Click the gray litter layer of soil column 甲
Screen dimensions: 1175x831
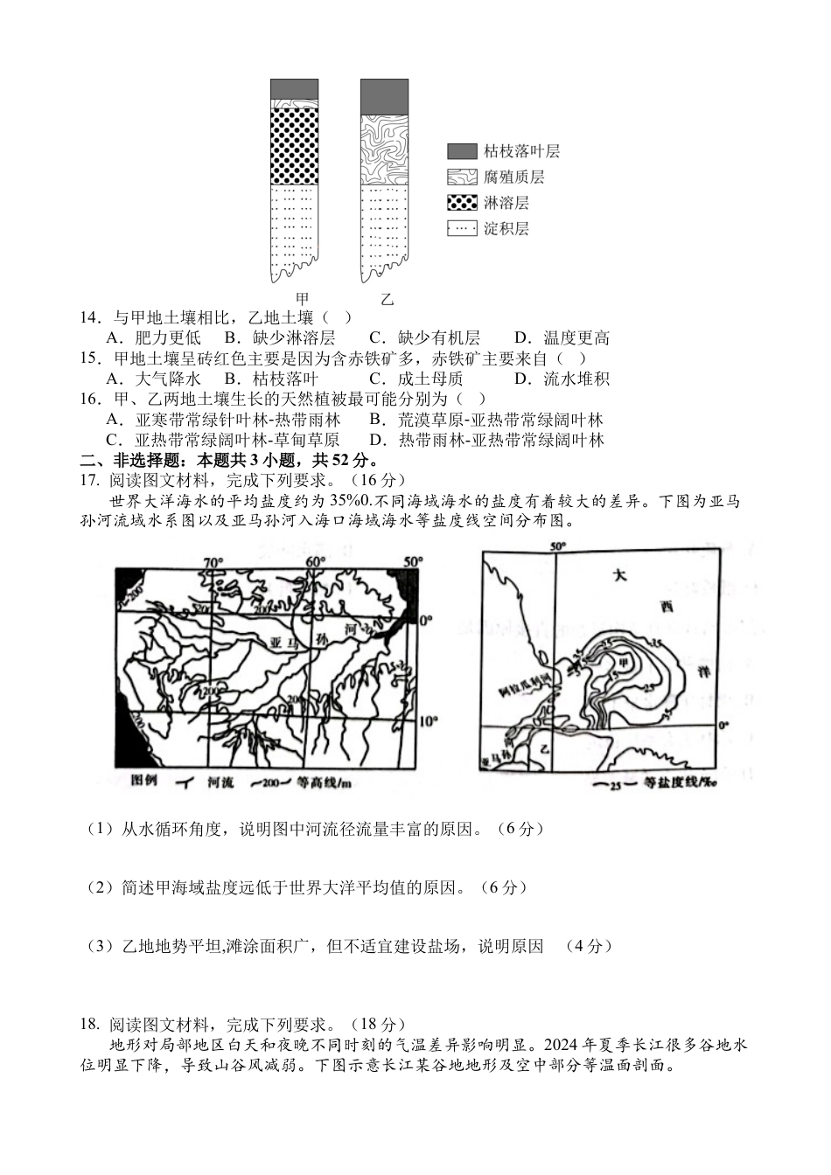coord(294,88)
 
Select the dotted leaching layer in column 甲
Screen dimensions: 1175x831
coord(294,140)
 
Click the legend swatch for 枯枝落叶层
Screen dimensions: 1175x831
coord(461,151)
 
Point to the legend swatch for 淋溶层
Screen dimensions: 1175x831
coord(461,203)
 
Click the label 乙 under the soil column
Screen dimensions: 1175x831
coord(387,299)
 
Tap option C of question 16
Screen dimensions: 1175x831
coord(222,440)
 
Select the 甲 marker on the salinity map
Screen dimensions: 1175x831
coord(624,662)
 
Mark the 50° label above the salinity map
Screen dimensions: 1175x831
coord(557,546)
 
